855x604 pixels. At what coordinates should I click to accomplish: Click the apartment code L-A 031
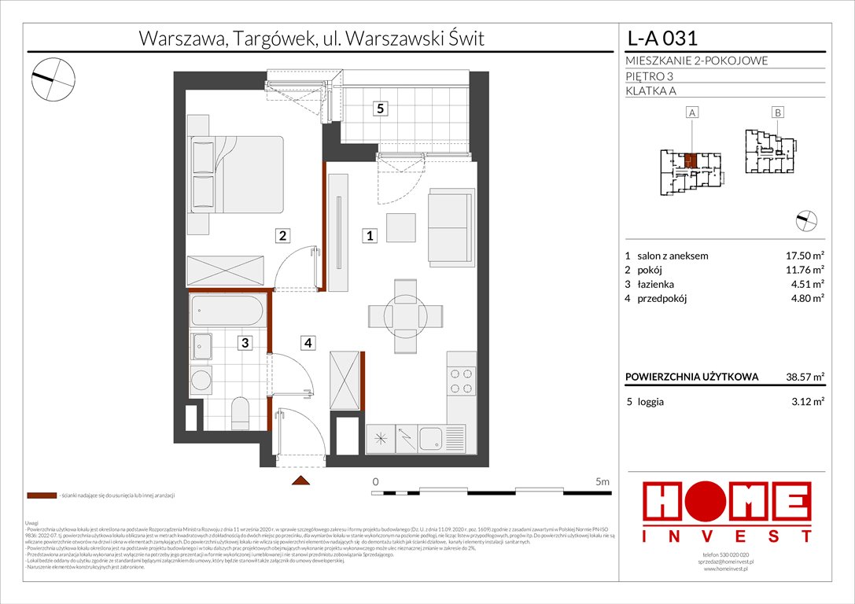[x=662, y=37]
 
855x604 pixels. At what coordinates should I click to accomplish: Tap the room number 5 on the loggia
[x=380, y=109]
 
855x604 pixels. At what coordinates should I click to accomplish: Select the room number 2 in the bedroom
[x=281, y=234]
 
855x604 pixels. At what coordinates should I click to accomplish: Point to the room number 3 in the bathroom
[x=245, y=342]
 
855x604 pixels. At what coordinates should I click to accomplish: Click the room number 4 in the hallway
[x=309, y=342]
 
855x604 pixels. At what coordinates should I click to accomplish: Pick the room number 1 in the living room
[x=368, y=234]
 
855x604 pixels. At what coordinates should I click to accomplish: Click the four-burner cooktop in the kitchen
[x=461, y=381]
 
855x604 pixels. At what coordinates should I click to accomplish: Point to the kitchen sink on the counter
[x=433, y=437]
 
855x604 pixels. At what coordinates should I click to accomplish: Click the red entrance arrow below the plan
[x=298, y=481]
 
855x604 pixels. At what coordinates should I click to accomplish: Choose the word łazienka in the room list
[x=658, y=284]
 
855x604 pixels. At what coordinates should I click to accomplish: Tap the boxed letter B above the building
[x=777, y=112]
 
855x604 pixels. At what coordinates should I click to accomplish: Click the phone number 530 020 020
[x=732, y=554]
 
